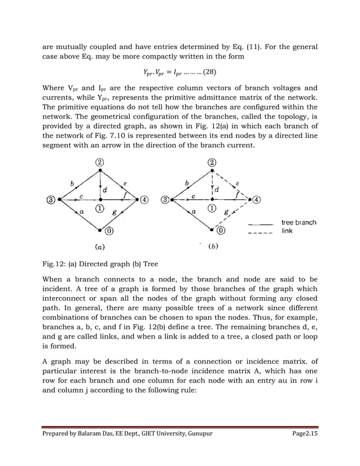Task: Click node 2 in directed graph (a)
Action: coord(100,162)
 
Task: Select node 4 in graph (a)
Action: coord(144,199)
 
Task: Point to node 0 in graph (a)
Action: coord(100,230)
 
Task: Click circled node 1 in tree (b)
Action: coord(212,208)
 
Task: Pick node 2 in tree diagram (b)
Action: coord(212,162)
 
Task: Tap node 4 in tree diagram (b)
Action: coord(257,199)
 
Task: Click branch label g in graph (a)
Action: coord(115,213)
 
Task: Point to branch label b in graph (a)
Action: coord(71,183)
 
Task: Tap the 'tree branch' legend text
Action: coord(298,222)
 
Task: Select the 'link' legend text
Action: coord(287,231)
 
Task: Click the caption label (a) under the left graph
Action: coord(98,246)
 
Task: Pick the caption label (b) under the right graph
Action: coord(214,246)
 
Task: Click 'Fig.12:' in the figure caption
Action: coord(55,263)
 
